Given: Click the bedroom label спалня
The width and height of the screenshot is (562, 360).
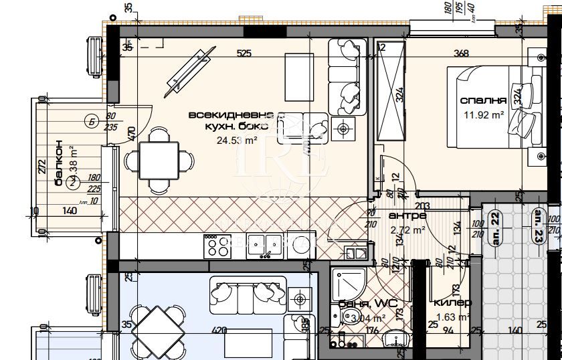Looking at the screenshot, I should click(482, 100).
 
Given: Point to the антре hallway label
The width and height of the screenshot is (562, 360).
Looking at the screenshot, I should click(407, 216).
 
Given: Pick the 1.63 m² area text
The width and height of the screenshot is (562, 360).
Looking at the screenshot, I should click(452, 318).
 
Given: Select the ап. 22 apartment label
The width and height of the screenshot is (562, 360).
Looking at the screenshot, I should click(496, 228).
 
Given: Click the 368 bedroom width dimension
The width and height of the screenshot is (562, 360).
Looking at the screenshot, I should click(461, 54).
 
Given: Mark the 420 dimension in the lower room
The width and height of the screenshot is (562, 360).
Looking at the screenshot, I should click(217, 329).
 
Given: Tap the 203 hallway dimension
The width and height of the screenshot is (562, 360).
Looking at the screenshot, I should click(422, 205).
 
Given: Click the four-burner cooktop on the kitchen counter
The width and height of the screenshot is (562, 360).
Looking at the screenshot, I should click(218, 246).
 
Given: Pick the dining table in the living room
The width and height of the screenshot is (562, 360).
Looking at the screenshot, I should click(159, 160).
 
